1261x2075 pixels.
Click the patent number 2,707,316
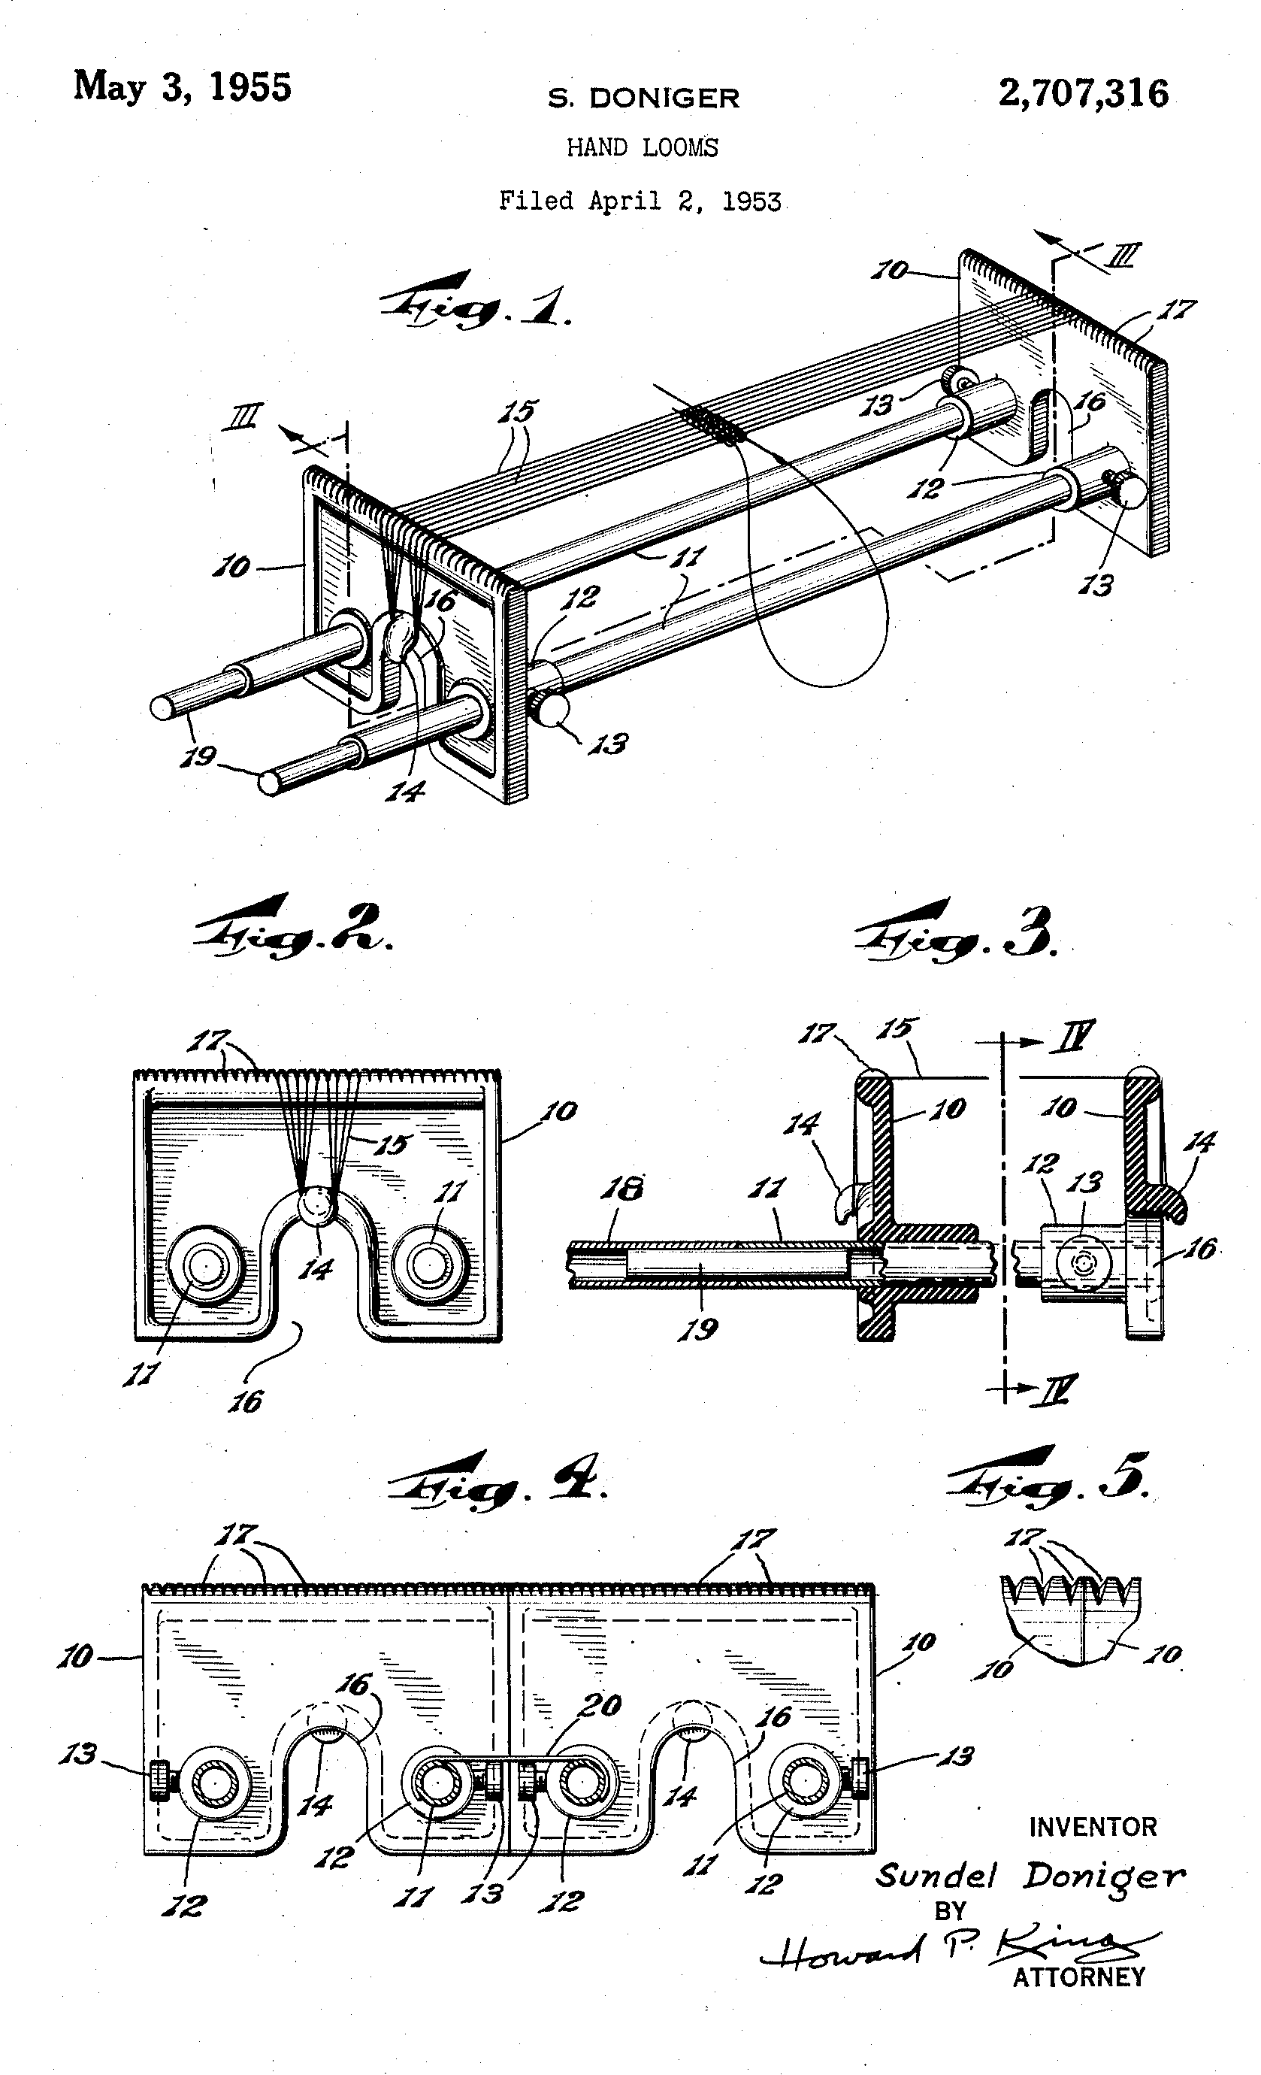1084,93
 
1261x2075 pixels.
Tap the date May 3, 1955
183,86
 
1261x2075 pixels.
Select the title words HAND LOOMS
643,148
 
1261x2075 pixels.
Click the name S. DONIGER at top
644,98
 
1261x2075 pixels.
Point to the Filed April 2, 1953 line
640,201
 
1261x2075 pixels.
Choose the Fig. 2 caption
293,929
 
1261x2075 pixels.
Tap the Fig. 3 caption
955,931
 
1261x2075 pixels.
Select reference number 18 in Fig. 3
622,1189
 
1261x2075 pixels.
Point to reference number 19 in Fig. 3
699,1330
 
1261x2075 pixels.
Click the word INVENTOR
1093,1828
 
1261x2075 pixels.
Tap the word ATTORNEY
1078,1977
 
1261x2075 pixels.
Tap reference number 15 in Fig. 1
519,412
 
